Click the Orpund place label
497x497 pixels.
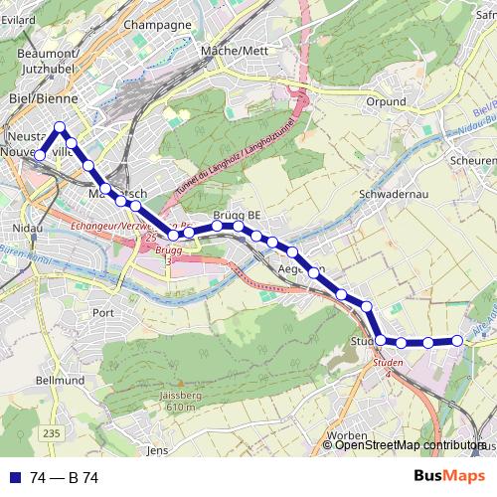pyautogui.click(x=385, y=101)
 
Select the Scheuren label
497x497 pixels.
pyautogui.click(x=471, y=160)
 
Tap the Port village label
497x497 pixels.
pyautogui.click(x=103, y=312)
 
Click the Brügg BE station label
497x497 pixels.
pyautogui.click(x=237, y=215)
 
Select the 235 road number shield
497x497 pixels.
pyautogui.click(x=52, y=433)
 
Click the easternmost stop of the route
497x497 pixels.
pyautogui.click(x=457, y=340)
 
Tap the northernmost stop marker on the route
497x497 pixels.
pyautogui.click(x=61, y=127)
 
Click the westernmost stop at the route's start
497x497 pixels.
pyautogui.click(x=40, y=155)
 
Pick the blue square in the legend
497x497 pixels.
pyautogui.click(x=15, y=478)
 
